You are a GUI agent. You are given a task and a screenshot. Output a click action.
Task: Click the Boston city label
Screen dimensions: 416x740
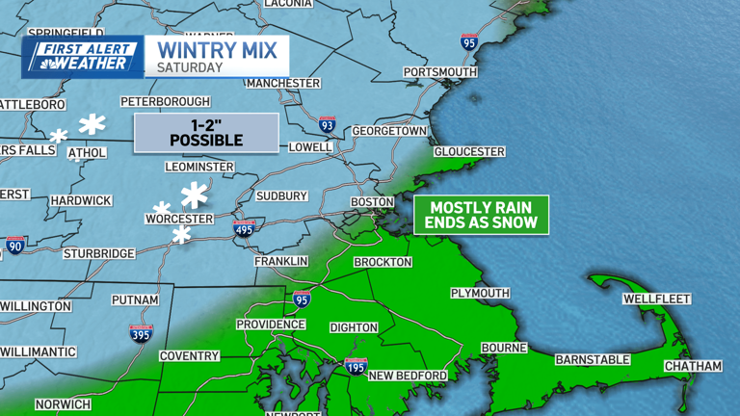pos(372,202)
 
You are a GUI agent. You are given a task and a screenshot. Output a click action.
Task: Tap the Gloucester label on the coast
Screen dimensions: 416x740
pos(469,152)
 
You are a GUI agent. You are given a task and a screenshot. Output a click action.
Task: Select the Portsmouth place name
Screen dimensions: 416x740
pos(440,72)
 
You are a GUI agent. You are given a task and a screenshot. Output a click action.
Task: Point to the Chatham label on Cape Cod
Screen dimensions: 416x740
pos(693,367)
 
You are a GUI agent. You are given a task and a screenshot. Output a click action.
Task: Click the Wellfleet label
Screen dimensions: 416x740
pos(656,299)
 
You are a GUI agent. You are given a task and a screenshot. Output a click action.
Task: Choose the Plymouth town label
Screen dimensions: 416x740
pos(480,293)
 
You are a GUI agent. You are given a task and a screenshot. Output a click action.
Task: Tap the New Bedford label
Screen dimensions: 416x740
pos(408,376)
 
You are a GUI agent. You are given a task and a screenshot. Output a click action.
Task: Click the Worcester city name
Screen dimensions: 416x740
pos(178,220)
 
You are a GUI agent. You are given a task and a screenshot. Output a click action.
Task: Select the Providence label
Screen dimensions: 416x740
pos(271,325)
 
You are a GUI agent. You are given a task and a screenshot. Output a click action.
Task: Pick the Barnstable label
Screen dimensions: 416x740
pos(592,360)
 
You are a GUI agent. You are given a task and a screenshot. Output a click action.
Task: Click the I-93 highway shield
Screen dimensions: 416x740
pos(328,125)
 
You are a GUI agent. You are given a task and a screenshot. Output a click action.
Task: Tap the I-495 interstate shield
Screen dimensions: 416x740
pos(245,228)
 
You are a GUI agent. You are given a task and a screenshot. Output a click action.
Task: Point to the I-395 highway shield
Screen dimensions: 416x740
pos(141,333)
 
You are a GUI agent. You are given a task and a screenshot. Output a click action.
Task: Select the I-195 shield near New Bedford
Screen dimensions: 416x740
pos(356,366)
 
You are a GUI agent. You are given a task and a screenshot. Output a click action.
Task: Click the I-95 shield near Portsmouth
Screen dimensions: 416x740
pos(469,41)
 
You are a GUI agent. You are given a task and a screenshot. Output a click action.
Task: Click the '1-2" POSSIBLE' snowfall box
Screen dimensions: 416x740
pos(206,133)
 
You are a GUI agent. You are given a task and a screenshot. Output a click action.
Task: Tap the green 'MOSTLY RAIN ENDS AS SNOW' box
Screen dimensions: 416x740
pos(482,215)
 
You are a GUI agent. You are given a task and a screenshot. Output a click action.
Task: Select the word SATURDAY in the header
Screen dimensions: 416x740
pos(190,68)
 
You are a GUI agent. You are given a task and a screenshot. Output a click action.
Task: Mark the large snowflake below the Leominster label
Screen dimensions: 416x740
pos(195,195)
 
